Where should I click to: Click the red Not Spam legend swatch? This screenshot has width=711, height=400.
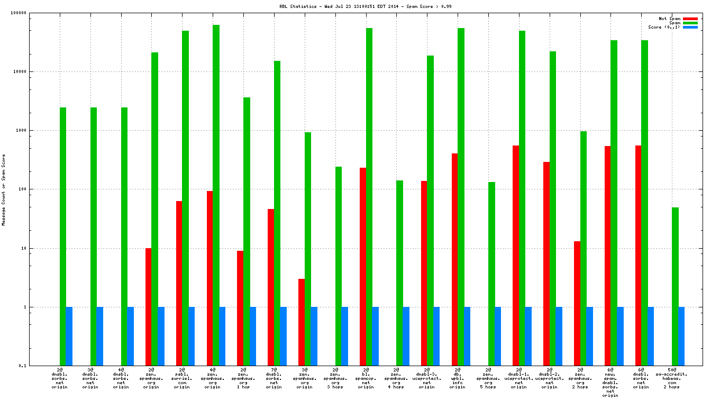click(690, 19)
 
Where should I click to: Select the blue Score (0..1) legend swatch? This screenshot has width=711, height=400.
click(690, 27)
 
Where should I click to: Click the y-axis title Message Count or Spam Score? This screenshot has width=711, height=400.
click(4, 189)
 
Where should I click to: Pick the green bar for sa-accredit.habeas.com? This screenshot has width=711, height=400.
click(675, 286)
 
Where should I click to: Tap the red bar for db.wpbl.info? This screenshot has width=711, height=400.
click(454, 259)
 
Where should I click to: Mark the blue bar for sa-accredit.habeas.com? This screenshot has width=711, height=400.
click(681, 336)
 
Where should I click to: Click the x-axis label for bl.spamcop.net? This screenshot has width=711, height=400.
click(366, 378)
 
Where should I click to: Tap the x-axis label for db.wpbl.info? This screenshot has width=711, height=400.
click(458, 378)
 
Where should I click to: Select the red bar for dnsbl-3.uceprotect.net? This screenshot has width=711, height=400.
click(424, 273)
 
